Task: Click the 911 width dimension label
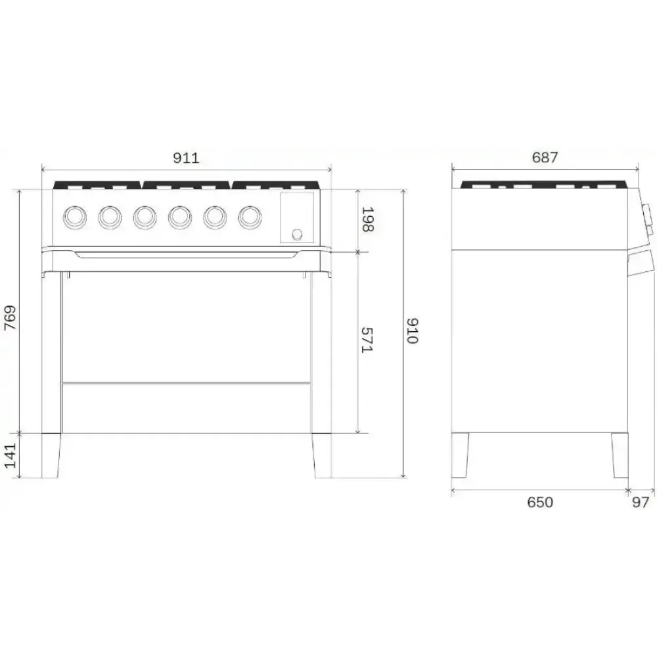tap(186, 158)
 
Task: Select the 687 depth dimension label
tap(545, 158)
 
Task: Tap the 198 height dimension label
tap(367, 219)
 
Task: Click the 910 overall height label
tap(412, 331)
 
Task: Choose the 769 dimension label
tap(10, 320)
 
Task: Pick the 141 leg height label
tap(10, 456)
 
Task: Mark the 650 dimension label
tap(540, 503)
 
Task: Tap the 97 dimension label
tap(640, 503)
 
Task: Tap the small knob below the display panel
tap(297, 233)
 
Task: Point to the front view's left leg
tap(52, 455)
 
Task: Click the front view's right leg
tap(321, 455)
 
